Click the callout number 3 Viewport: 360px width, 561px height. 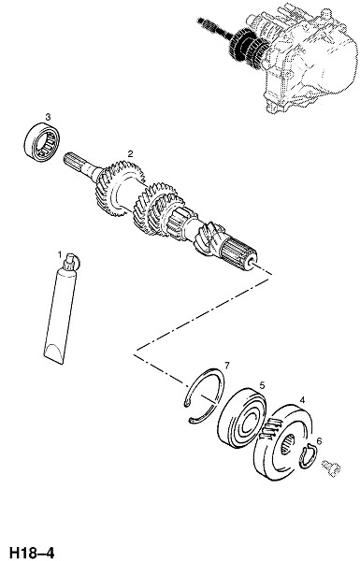pyautogui.click(x=48, y=117)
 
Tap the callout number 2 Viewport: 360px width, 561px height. pyautogui.click(x=130, y=154)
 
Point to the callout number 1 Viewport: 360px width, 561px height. pyautogui.click(x=60, y=254)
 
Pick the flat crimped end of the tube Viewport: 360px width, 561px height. pyautogui.click(x=54, y=353)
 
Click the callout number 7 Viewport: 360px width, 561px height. pyautogui.click(x=226, y=365)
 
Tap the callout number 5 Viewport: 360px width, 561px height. pyautogui.click(x=262, y=385)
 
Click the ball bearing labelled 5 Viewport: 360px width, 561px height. pyautogui.click(x=242, y=418)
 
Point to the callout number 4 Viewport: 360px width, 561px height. pyautogui.click(x=302, y=400)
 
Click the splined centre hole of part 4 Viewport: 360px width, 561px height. pyautogui.click(x=287, y=444)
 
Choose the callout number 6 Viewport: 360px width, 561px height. pyautogui.click(x=319, y=441)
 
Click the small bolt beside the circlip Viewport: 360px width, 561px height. pyautogui.click(x=331, y=468)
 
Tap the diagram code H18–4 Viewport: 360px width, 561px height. pyautogui.click(x=32, y=552)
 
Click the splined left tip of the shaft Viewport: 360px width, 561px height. pyautogui.click(x=73, y=161)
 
